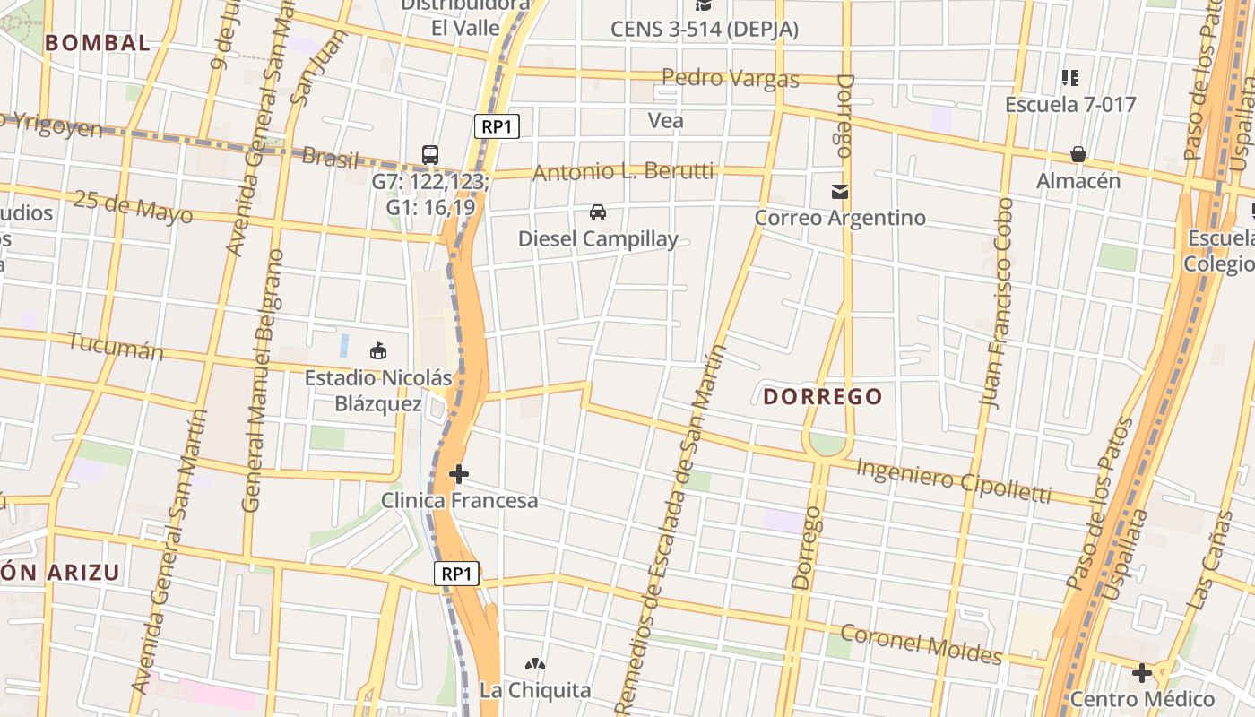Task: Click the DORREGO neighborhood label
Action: click(823, 396)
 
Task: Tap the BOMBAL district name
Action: click(98, 42)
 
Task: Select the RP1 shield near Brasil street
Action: click(497, 125)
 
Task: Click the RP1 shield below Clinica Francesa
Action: click(457, 574)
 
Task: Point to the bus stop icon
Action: click(430, 155)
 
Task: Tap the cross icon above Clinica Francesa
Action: click(459, 473)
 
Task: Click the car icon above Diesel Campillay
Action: click(598, 212)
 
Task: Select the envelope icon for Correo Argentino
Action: click(840, 191)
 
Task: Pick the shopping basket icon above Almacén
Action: click(1078, 154)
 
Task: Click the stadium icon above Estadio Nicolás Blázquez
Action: click(377, 350)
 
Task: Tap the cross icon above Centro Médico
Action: click(1142, 672)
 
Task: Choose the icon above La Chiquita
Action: click(535, 664)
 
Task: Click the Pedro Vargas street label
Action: click(731, 78)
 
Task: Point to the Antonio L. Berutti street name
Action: click(623, 172)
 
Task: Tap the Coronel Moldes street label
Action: click(921, 644)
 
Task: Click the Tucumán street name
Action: click(116, 346)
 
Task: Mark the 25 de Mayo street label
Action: click(133, 208)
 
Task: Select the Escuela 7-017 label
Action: click(1070, 104)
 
